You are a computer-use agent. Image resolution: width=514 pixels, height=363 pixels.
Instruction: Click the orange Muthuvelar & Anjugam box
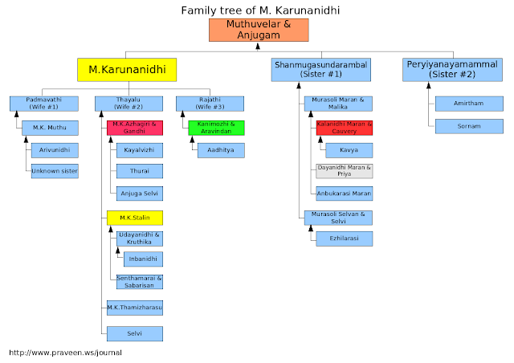(x=259, y=30)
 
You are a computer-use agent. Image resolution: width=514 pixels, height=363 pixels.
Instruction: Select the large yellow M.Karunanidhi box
(x=127, y=70)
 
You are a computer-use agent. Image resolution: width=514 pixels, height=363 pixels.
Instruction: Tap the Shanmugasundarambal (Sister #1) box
(x=321, y=70)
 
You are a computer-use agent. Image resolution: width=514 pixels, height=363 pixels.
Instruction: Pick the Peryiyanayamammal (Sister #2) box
(x=452, y=70)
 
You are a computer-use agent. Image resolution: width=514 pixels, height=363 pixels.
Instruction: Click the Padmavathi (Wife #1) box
(x=44, y=104)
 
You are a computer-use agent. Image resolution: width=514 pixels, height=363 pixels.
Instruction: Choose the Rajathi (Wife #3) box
(x=210, y=104)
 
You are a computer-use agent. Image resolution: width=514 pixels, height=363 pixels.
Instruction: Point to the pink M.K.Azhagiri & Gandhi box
(x=135, y=128)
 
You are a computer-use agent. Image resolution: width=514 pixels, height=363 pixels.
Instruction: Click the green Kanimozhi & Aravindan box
(x=216, y=128)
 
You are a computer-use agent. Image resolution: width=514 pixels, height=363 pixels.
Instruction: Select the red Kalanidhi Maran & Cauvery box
(x=345, y=128)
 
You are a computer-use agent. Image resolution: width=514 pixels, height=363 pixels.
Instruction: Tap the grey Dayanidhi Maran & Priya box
(x=345, y=171)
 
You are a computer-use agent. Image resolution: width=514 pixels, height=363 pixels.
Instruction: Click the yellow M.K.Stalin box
(x=135, y=218)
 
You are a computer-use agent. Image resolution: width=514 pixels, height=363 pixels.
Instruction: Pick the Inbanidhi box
(x=143, y=259)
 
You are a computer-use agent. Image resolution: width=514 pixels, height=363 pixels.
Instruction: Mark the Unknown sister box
(x=55, y=171)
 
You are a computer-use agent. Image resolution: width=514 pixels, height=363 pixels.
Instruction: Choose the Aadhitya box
(x=221, y=150)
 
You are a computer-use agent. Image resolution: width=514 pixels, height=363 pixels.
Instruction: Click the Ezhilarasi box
(x=345, y=239)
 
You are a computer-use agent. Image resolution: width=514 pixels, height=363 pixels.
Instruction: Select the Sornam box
(x=469, y=126)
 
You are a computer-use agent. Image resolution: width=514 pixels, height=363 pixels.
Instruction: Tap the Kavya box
(x=349, y=150)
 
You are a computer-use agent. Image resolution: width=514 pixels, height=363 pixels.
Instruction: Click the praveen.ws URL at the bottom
(x=65, y=353)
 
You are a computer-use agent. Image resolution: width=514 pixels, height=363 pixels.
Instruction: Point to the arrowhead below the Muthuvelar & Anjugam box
(x=258, y=47)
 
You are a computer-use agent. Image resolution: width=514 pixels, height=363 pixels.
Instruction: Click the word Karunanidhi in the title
(x=307, y=10)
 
